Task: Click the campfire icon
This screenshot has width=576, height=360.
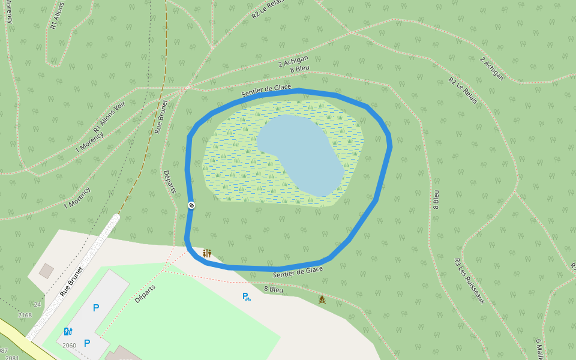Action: (322, 299)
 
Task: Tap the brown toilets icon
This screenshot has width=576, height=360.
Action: (207, 254)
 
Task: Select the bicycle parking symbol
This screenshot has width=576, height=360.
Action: (246, 296)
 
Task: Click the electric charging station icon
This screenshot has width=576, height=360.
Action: (68, 331)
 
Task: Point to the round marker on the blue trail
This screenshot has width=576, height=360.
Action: (191, 205)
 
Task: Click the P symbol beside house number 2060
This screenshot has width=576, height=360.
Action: (87, 343)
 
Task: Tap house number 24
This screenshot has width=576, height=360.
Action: (37, 304)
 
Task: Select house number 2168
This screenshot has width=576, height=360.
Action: (25, 315)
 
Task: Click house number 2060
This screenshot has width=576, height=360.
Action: (69, 345)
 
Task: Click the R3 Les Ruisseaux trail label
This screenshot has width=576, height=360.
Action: (469, 281)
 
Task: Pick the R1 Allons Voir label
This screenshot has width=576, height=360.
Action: (109, 116)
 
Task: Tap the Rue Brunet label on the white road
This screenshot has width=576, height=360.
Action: (71, 281)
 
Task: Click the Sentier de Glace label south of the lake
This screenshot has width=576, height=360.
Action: (298, 272)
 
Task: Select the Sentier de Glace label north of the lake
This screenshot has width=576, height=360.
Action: (266, 91)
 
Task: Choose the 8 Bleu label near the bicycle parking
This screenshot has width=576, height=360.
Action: (274, 289)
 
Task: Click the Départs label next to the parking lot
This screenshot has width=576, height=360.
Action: (145, 293)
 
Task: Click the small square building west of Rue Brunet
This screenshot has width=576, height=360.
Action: (46, 271)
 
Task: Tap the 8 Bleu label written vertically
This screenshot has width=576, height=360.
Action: (436, 199)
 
